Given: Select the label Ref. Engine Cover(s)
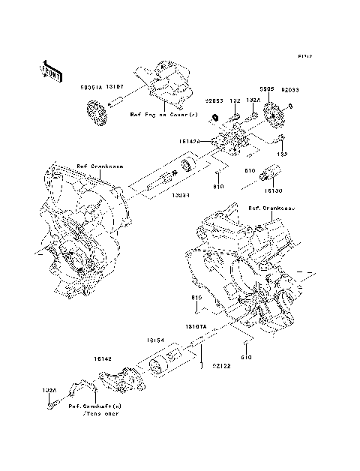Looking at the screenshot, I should [163, 115].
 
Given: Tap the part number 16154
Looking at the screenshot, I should [156, 340].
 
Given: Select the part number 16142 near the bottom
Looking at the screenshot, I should [104, 359].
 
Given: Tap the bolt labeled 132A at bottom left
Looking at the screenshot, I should [49, 406].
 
